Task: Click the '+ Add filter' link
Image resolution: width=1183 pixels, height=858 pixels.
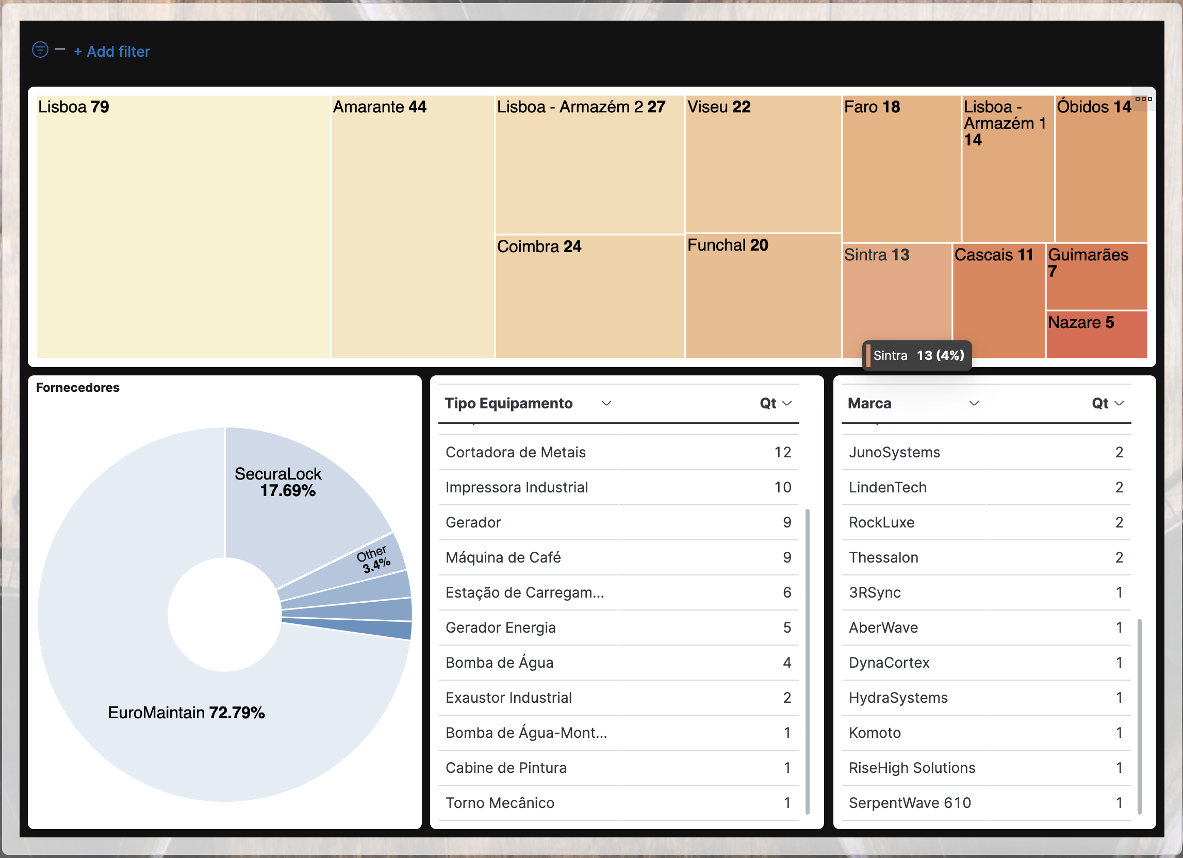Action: point(112,52)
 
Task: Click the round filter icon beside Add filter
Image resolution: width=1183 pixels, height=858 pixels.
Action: point(40,49)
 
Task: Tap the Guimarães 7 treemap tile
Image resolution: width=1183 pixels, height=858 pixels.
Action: point(1095,276)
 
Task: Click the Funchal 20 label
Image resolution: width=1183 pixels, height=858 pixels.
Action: point(727,245)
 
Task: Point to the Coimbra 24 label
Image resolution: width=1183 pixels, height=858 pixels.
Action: point(539,246)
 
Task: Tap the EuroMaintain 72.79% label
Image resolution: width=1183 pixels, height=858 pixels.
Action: point(186,713)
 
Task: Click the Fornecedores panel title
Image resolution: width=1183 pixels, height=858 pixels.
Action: point(78,388)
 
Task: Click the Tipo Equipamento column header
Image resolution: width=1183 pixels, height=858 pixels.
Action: point(508,404)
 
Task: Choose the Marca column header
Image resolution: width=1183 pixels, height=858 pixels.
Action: point(869,404)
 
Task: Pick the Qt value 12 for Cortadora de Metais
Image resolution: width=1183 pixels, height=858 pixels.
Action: point(782,452)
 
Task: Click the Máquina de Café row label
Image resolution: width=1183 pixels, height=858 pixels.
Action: point(503,557)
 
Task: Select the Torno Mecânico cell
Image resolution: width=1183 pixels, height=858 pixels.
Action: point(500,803)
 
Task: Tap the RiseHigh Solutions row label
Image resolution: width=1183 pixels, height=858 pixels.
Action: point(912,768)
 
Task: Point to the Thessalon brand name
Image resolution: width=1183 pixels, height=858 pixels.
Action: point(883,557)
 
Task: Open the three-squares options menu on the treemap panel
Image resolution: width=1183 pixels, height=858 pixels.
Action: point(1143,99)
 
